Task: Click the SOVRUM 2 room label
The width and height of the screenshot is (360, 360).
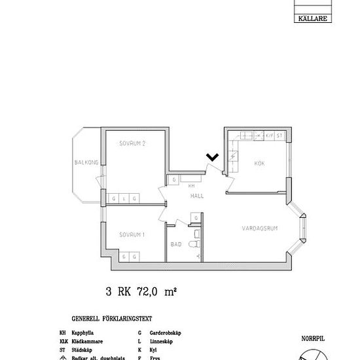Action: pyautogui.click(x=132, y=145)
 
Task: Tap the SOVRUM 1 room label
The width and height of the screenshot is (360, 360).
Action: pyautogui.click(x=132, y=234)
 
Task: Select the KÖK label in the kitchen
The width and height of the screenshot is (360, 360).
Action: pyautogui.click(x=260, y=163)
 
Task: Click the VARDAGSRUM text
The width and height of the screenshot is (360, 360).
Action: pyautogui.click(x=260, y=229)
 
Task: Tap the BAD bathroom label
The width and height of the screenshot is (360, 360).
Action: pyautogui.click(x=176, y=245)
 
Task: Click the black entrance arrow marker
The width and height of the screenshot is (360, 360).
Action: pyautogui.click(x=212, y=156)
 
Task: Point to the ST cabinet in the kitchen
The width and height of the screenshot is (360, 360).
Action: pyautogui.click(x=279, y=135)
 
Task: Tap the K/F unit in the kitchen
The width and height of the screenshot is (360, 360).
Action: pyautogui.click(x=268, y=135)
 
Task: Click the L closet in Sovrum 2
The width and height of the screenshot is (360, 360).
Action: pyautogui.click(x=124, y=198)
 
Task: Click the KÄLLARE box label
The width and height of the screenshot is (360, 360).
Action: pyautogui.click(x=312, y=20)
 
